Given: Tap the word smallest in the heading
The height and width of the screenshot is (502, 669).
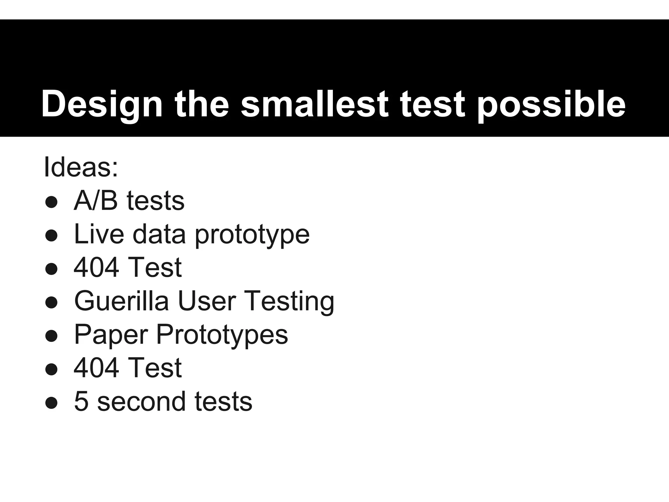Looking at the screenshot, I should tap(315, 104).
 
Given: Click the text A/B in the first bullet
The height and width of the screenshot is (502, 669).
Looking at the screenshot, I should tap(96, 200).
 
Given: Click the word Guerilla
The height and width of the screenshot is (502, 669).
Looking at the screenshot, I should tap(122, 301).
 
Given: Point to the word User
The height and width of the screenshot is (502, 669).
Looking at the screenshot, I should tap(207, 301).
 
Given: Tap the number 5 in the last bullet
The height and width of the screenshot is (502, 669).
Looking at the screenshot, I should tap(81, 401).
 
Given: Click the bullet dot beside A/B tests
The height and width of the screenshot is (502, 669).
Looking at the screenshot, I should tap(52, 202).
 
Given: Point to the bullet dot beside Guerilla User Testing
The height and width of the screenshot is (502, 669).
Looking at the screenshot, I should tap(52, 302).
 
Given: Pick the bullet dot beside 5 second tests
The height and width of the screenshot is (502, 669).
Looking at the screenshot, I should tap(52, 403).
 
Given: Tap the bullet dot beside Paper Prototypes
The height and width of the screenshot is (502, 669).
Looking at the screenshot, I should tap(52, 336).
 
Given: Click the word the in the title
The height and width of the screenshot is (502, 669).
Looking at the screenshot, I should tap(202, 104).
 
